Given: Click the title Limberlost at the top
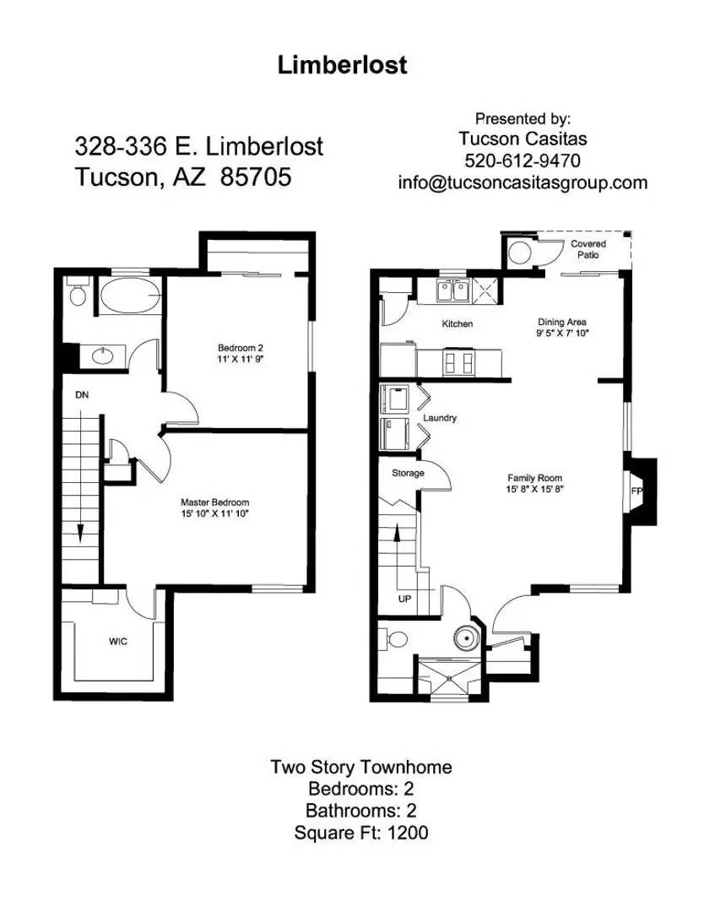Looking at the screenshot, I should pos(342,66).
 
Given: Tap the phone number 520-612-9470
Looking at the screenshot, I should pos(522,160).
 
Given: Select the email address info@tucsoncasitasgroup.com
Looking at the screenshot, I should pos(523,182).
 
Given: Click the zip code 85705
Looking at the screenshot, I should pos(252,177).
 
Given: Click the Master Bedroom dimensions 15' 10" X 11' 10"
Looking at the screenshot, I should pos(214,513).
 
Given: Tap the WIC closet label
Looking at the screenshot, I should pos(117,642).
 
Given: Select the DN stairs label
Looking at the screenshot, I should pos(82,394).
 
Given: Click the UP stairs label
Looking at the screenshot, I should pos(404,599).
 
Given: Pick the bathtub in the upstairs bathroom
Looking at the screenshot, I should pos(130,297).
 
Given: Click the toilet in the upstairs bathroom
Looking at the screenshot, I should pos(78,294).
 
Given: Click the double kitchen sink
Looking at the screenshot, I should pos(452,291).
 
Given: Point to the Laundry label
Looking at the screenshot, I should pos(440,418).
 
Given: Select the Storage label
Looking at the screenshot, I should pos(408,473).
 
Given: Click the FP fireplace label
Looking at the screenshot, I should pos(636,490).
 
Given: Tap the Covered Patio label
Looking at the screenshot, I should pos(588,249).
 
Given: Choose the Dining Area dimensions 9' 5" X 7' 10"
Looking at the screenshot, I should pos(562,334).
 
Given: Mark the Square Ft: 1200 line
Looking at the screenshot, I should pos(360,833).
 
